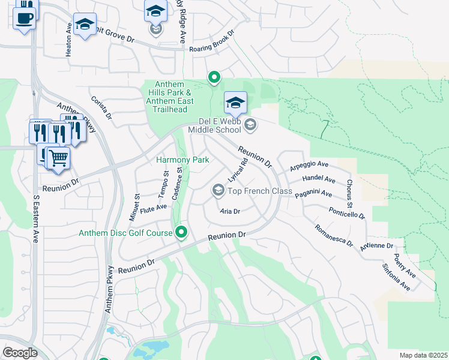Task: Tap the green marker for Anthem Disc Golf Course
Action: point(181,233)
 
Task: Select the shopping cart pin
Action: point(58,159)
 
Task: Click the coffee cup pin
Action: point(24,17)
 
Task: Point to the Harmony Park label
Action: point(182,160)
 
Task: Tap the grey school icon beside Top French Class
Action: point(218,191)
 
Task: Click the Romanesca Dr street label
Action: point(333,235)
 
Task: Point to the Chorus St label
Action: point(349,190)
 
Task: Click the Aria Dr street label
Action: point(230,211)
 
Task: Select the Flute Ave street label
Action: point(153,208)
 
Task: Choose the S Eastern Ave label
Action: point(35,218)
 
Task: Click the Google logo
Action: point(19,353)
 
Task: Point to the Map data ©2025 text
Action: point(423,355)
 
